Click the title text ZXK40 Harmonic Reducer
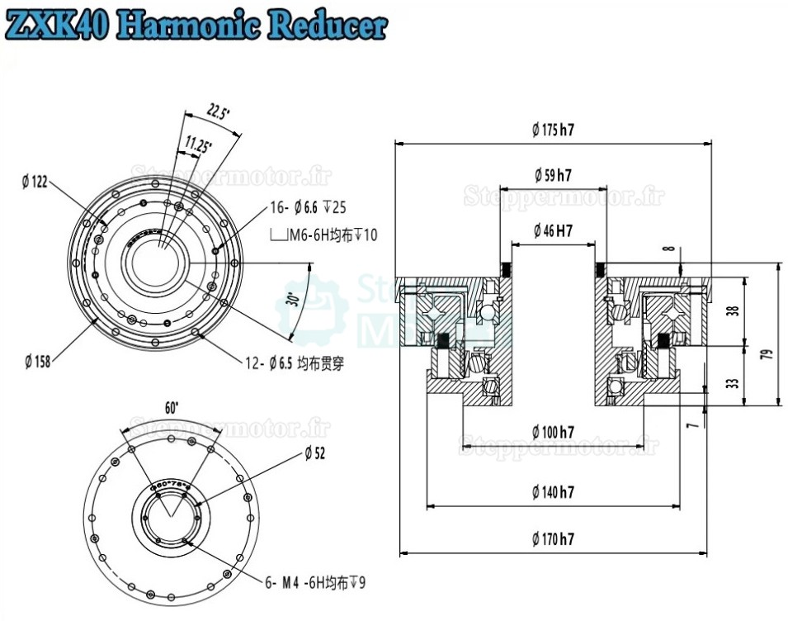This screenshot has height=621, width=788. pos(196,25)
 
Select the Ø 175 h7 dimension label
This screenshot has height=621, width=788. pos(553,129)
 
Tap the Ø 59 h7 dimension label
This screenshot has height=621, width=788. pos(553,174)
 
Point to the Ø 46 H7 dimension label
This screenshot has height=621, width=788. pos(553,230)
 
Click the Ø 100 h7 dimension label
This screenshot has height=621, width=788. pos(553,431)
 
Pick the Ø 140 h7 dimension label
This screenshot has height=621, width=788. pos(553,492)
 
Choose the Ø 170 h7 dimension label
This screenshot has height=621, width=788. pos(553,539)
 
